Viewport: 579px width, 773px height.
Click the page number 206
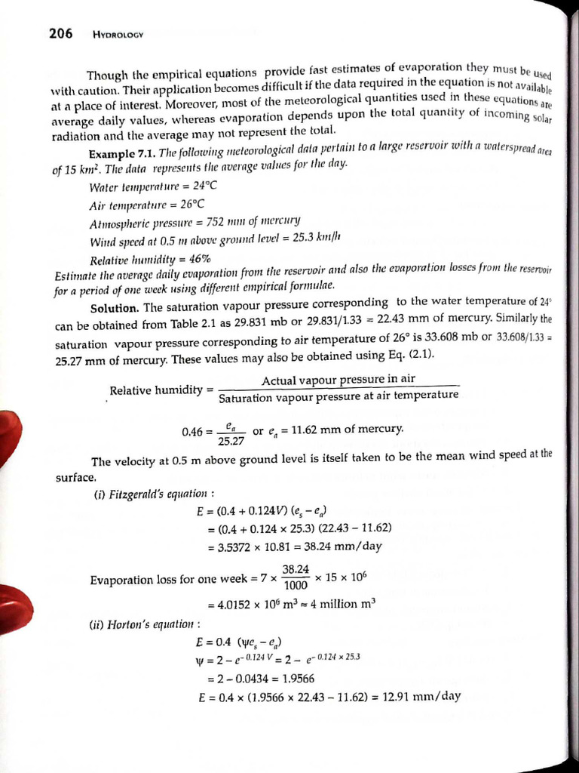click(60, 32)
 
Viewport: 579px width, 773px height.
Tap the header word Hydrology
click(118, 34)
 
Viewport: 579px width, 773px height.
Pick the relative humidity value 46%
click(195, 259)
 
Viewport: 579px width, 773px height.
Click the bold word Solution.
click(114, 308)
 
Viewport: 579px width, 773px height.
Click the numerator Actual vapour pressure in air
click(338, 379)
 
